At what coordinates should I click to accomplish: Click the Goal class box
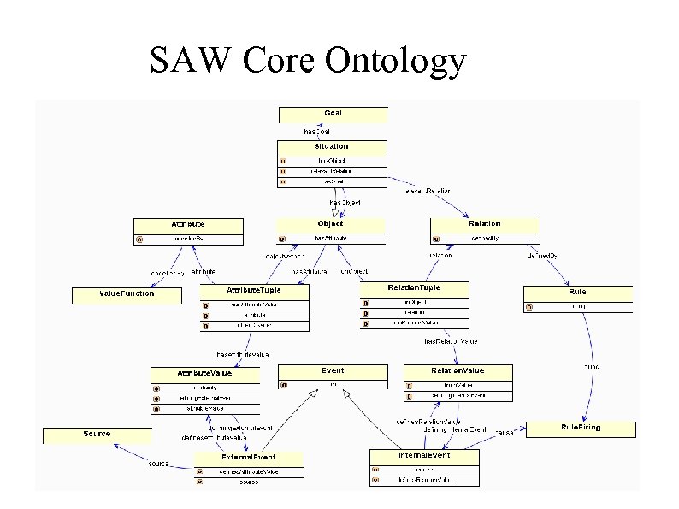coord(333,114)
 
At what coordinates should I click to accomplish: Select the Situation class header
coord(331,147)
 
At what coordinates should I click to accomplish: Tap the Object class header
coord(330,223)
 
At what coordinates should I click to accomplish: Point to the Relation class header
coord(486,223)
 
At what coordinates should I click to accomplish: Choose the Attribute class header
coord(188,224)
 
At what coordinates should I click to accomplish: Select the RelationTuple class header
coord(415,287)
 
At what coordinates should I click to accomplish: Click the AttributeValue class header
coord(204,373)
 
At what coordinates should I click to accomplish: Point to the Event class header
coord(333,370)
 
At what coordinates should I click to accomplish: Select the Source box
coord(97,434)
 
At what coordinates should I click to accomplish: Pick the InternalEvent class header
coord(423,455)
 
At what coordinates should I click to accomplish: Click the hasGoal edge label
coord(318,132)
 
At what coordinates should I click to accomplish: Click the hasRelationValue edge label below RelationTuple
coord(452,341)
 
